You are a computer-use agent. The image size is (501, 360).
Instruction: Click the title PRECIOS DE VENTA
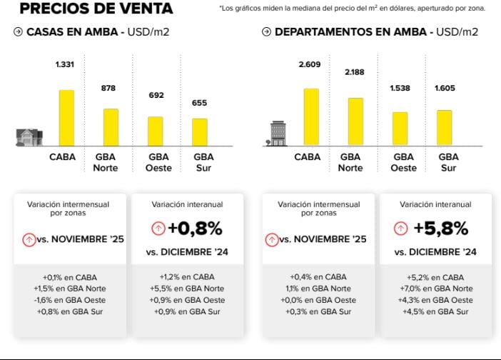(96, 9)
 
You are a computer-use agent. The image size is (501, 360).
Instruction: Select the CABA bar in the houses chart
(66, 118)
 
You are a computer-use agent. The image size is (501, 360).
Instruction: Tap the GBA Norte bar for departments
(355, 121)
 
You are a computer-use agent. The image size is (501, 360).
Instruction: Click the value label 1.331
(66, 65)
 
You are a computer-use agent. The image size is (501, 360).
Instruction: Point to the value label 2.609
(310, 65)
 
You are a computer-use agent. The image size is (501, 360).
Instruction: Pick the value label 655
(200, 103)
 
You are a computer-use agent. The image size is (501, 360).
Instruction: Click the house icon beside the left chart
(29, 137)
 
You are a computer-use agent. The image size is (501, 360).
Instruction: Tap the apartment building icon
(277, 134)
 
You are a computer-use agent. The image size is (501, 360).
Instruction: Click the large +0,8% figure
(195, 229)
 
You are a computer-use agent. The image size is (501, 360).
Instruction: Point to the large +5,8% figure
(440, 229)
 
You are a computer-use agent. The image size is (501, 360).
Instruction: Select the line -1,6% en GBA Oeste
(69, 300)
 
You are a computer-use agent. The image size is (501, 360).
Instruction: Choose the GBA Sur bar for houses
(200, 132)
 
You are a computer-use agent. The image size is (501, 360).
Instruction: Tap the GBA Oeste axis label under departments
(403, 162)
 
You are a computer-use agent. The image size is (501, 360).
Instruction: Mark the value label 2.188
(355, 73)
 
